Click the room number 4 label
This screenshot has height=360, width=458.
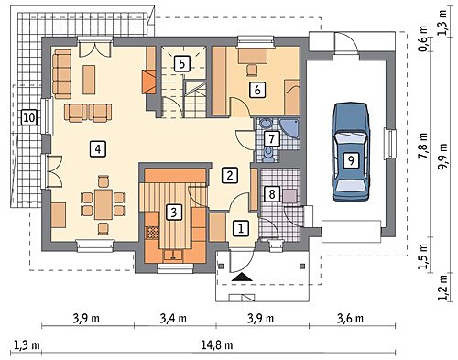click(x=98, y=149)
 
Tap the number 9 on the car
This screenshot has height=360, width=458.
click(x=351, y=160)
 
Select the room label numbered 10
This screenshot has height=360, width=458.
click(x=29, y=117)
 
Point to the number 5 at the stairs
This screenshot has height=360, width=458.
click(x=182, y=64)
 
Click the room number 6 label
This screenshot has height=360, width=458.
click(x=257, y=90)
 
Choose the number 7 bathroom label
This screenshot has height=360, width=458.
click(x=271, y=139)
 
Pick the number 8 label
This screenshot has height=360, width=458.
click(x=272, y=194)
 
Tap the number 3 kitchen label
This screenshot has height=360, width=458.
click(x=174, y=212)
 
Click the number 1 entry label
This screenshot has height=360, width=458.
click(x=241, y=228)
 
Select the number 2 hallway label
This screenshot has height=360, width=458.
click(x=230, y=175)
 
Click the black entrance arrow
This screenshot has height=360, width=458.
click(x=242, y=277)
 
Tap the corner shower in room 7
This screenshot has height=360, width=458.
click(x=289, y=129)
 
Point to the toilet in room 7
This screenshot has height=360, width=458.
click(x=268, y=154)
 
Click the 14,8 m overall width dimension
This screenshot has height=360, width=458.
click(x=217, y=345)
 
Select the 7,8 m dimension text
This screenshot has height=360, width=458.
click(x=423, y=147)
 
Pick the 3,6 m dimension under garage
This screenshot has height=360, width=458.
click(x=350, y=319)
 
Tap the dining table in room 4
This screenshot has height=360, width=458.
click(x=104, y=204)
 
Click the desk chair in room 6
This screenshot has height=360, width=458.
click(x=252, y=70)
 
